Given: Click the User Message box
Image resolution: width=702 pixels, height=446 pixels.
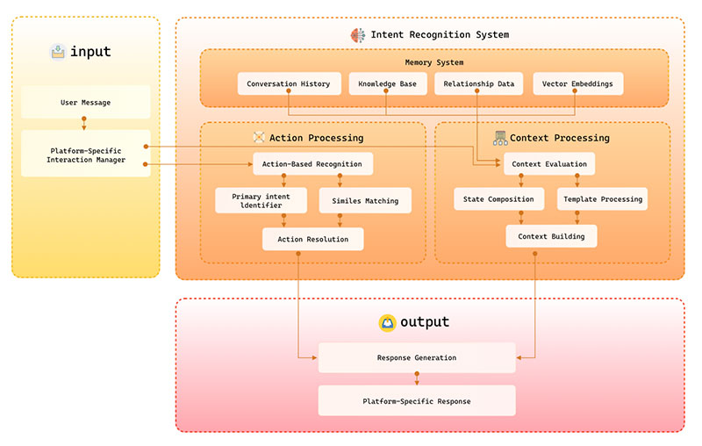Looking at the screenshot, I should coord(85,102).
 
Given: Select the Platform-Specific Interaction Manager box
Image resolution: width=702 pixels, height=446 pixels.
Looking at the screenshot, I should coord(85,155).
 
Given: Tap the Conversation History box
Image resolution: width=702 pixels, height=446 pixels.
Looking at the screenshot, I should coord(288,84).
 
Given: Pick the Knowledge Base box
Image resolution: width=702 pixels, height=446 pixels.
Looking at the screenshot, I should coord(386,84).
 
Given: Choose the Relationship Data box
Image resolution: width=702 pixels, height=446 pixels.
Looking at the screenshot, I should coord(476,84).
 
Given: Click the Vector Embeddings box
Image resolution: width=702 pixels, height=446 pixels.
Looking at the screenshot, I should coord(577,84).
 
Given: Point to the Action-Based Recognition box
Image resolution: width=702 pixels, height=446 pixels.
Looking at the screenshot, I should coord(312,163).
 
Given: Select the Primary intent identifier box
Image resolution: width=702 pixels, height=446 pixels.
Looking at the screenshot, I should coord(261,200).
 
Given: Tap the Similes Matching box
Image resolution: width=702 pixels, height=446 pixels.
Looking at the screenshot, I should coord(364,200).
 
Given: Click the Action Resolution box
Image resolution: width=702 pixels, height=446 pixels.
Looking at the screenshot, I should coord(312,239).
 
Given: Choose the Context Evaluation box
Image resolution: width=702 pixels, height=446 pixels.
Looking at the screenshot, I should coord(549,163).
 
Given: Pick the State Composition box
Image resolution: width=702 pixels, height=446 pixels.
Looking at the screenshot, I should coord(498,198).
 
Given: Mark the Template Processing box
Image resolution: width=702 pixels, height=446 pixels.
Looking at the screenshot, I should coord(602,198).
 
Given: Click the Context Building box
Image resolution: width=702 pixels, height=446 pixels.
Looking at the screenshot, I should coord(550,236).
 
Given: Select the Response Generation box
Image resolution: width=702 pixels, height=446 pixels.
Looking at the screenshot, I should coord(416,357).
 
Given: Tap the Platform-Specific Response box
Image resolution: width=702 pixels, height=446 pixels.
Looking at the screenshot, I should coord(416,401).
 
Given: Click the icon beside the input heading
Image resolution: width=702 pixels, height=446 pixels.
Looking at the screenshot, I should coord(58,51).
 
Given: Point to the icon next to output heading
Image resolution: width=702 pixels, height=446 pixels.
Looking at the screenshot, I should coord(386,322).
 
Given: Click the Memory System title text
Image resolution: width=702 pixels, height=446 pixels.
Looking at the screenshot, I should coord(433,62).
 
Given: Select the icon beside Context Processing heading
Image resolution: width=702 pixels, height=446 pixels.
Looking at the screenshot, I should coord(499,137).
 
